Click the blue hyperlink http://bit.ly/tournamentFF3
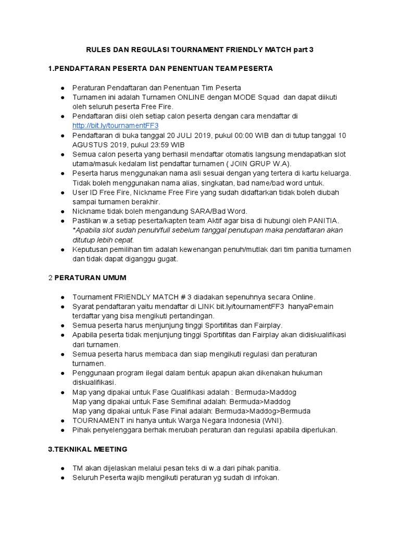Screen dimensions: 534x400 pyautogui.click(x=115, y=126)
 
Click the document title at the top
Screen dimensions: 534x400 pyautogui.click(x=200, y=50)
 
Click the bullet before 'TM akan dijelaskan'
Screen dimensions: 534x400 pyautogui.click(x=63, y=468)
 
